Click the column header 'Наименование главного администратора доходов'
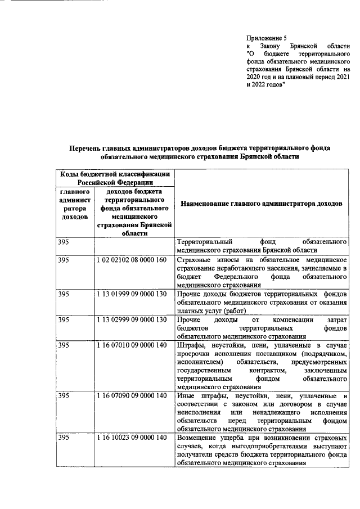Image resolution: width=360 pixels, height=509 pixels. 260,204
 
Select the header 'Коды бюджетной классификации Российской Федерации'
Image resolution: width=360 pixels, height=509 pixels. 115,178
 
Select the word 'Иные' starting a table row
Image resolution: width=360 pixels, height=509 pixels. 186,396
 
